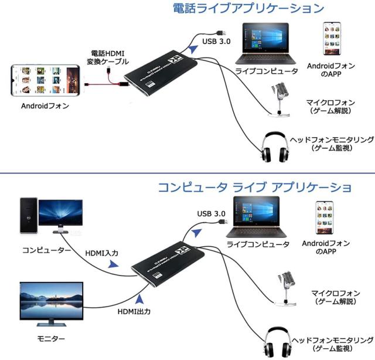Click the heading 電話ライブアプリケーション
248,9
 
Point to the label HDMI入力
102,253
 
